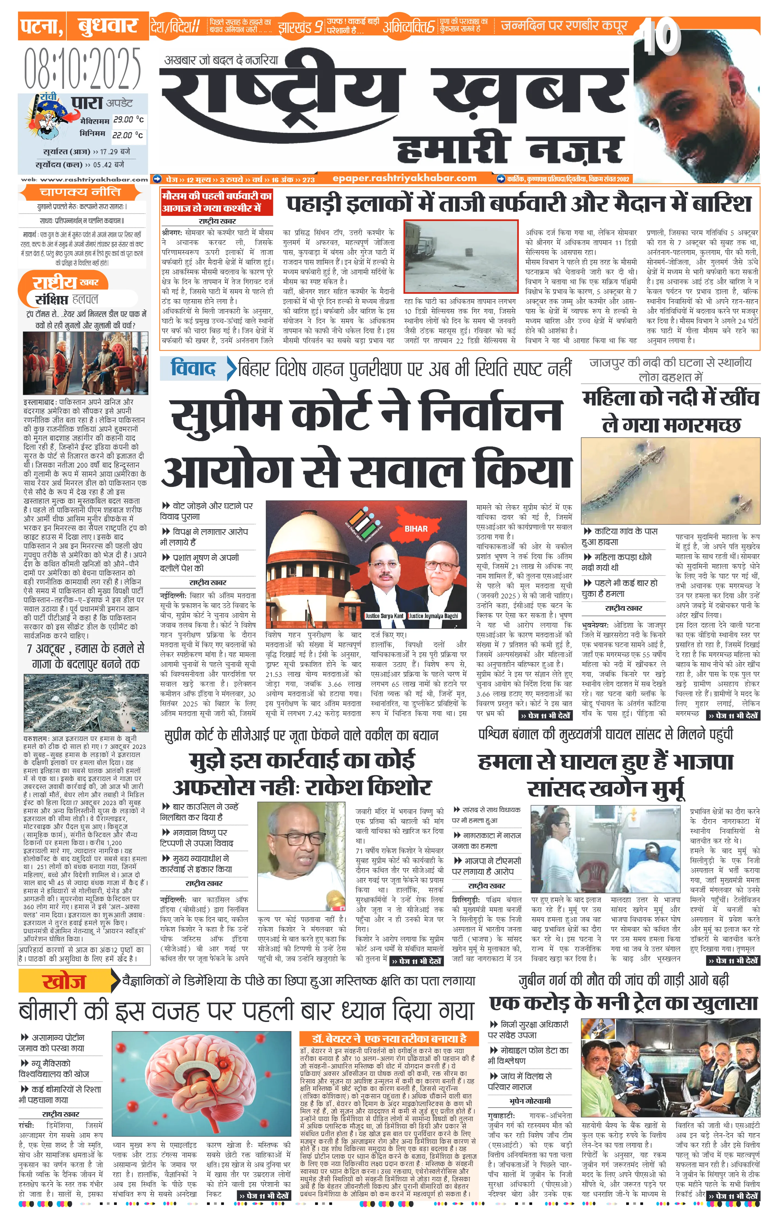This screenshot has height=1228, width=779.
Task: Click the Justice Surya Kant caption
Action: tap(384, 616)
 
